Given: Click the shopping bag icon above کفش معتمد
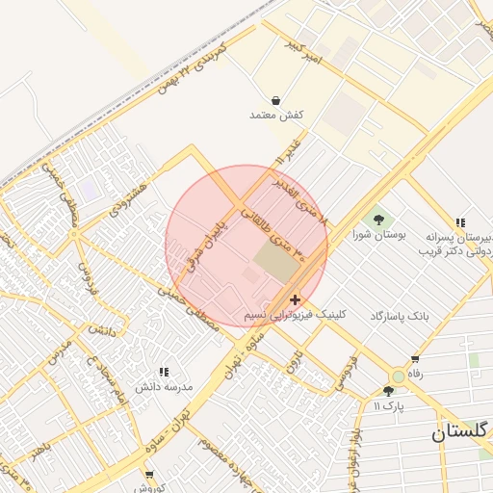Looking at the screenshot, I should [x=276, y=100].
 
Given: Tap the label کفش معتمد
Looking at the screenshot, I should [x=276, y=116].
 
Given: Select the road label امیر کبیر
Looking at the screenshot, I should [x=306, y=54].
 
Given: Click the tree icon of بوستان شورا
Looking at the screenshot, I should [x=376, y=219].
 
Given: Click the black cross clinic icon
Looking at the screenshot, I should [x=294, y=300].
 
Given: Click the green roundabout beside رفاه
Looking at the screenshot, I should [x=399, y=376].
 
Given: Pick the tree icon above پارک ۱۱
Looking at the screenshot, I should [x=388, y=391].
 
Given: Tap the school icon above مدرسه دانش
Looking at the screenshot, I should [x=164, y=372].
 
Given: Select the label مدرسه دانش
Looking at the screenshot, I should [x=165, y=386].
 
